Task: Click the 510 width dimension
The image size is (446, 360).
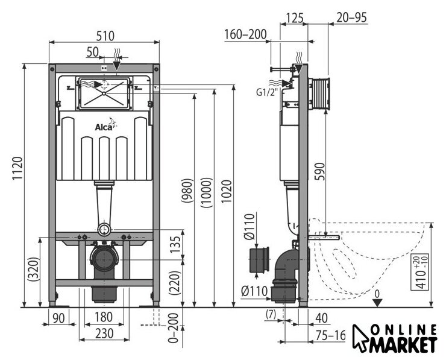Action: coord(105,36)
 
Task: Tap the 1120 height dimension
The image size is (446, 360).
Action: coord(17,168)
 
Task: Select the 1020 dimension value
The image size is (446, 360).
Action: coord(227,191)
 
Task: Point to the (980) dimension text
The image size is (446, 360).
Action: coord(187,191)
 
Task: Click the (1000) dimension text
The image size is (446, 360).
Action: coord(207,192)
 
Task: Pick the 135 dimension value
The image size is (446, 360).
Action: coord(176,244)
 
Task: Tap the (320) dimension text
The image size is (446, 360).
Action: coord(33,270)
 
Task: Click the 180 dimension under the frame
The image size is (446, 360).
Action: coord(104,317)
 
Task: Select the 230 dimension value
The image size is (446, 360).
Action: coord(104,333)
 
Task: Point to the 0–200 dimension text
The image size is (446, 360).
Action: coord(174,328)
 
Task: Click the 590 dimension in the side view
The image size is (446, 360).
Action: coord(320,171)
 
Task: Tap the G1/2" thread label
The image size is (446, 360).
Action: coord(266,92)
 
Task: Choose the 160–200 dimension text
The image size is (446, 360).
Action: coord(246,34)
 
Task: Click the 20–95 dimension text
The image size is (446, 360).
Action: coord(352,17)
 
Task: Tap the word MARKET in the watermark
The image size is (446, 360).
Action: coord(403,344)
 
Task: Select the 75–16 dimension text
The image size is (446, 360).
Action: coord(331,336)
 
